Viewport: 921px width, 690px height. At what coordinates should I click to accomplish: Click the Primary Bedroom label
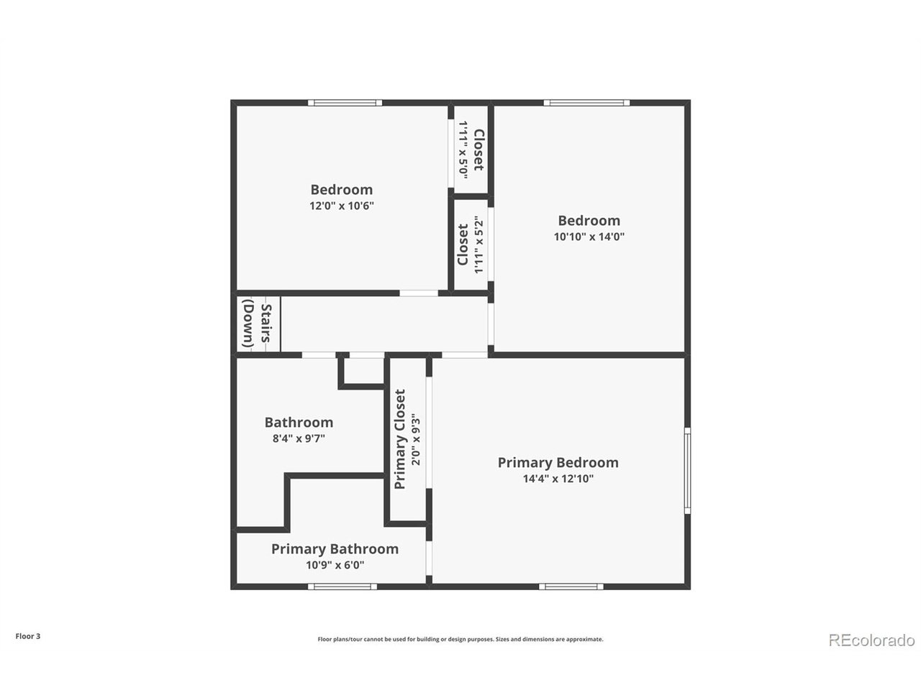coord(558,463)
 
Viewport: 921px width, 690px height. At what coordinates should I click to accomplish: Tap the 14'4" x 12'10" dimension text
coord(558,479)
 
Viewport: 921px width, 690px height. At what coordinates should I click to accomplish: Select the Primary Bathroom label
coord(335,549)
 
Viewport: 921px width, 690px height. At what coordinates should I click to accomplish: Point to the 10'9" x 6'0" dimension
coord(335,565)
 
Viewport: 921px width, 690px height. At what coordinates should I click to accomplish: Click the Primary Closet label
coord(400,439)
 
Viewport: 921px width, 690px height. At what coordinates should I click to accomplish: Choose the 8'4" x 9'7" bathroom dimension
coord(299,438)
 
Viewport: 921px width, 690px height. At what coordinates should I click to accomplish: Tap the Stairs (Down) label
coord(257,326)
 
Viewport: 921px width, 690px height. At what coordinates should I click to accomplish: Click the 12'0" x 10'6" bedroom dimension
coord(342,206)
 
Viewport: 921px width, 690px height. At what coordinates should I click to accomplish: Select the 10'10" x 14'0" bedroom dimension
coord(589,236)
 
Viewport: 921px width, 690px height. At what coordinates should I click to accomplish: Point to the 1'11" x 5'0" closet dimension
coord(463,149)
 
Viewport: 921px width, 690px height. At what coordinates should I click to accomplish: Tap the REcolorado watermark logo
coord(871,640)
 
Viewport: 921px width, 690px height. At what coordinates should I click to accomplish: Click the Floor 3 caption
coord(28,636)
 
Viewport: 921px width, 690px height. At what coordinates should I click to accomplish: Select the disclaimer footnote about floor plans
coord(460,639)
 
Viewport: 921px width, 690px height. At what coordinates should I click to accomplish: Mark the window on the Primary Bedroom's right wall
coord(687,470)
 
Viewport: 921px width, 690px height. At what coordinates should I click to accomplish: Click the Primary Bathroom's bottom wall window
coord(342,586)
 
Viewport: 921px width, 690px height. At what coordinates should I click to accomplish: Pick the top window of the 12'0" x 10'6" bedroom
coord(345,103)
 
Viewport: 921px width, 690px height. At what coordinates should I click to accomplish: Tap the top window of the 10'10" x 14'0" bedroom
coord(586,103)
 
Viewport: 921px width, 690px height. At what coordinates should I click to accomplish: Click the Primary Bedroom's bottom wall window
coord(572,586)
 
